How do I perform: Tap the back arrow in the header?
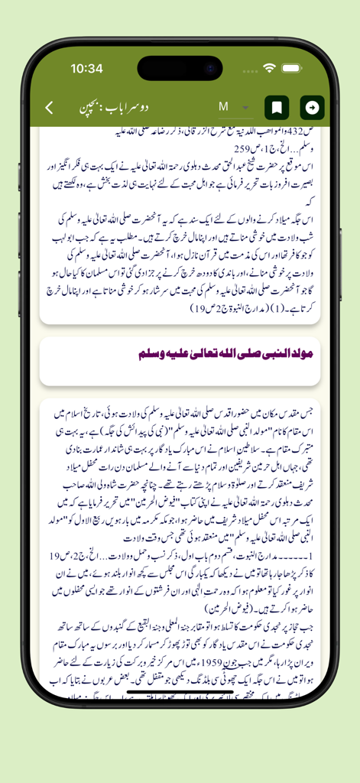49,107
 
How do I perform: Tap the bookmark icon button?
277,107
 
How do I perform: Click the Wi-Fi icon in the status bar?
269,68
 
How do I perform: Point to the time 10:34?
86,68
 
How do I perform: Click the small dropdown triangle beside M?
246,108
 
